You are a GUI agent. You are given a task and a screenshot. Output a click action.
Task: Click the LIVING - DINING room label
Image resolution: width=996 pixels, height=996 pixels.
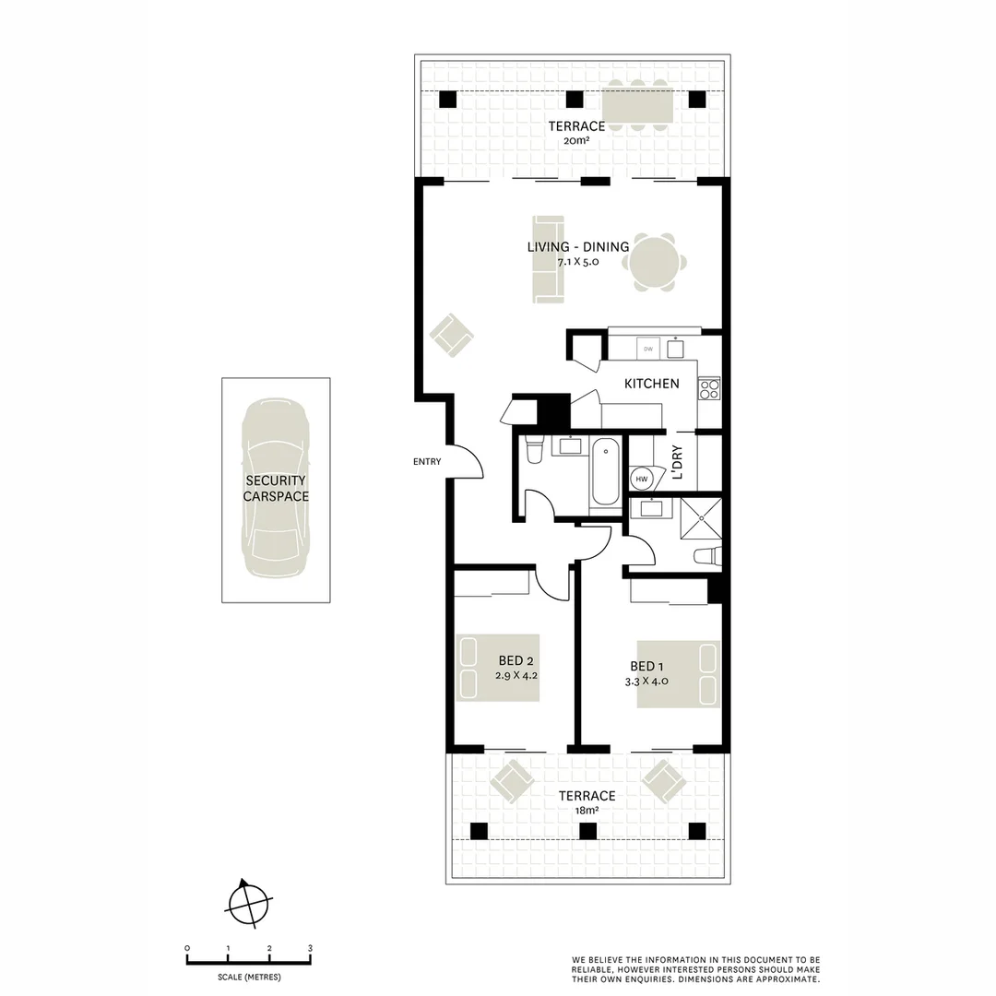(x=577, y=247)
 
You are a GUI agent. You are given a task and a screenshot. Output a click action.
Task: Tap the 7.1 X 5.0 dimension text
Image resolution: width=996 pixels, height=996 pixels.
(x=577, y=262)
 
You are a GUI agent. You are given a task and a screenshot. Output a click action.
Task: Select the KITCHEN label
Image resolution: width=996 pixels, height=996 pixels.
(x=651, y=384)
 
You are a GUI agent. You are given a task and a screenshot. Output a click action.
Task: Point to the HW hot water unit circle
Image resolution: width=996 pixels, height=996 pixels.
(x=642, y=480)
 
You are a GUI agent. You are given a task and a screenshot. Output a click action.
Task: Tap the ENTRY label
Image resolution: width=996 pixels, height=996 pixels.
(x=427, y=462)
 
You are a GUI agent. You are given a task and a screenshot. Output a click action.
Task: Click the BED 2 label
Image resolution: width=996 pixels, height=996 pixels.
(x=516, y=660)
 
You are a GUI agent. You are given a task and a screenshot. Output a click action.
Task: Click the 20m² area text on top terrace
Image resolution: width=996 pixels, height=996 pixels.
(x=576, y=141)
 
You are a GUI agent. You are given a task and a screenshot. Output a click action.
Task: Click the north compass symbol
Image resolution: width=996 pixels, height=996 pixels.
(x=248, y=902)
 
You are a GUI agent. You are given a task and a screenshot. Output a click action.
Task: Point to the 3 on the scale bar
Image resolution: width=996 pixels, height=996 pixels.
(x=311, y=948)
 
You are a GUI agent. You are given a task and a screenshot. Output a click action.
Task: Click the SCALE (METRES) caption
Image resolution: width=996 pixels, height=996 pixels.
(x=249, y=977)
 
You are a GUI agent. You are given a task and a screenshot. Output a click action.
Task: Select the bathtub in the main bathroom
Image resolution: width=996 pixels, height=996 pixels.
(x=605, y=472)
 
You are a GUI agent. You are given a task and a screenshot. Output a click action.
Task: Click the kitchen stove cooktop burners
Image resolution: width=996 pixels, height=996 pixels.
(x=708, y=390)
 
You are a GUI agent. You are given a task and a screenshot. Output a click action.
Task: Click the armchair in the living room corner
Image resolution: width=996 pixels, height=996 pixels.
(x=451, y=334)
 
